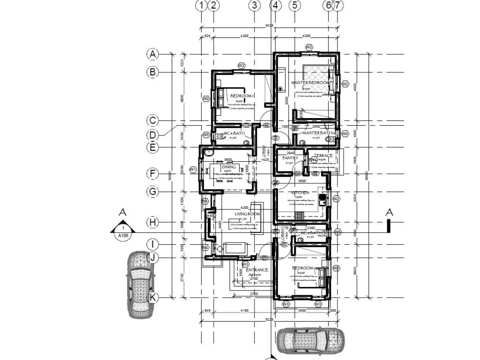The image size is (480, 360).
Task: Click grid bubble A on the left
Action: pos(153,54)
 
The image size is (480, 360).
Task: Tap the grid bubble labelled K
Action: pos(153,298)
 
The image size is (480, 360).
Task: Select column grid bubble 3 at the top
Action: pos(254,5)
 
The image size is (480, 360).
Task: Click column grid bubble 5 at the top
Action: pos(295,5)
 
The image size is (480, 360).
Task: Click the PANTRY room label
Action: pos(290,158)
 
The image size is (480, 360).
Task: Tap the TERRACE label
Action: pos(323,156)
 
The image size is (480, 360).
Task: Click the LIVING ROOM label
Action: pos(247,214)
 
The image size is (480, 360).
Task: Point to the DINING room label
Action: pos(229,167)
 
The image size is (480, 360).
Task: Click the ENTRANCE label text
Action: pos(257,270)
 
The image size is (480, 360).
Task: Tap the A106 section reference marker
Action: pos(123,231)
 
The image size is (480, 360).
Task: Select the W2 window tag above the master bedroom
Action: pos(309,47)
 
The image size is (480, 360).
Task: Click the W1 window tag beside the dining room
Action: pos(193,169)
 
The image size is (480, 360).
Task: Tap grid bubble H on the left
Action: pos(153,223)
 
